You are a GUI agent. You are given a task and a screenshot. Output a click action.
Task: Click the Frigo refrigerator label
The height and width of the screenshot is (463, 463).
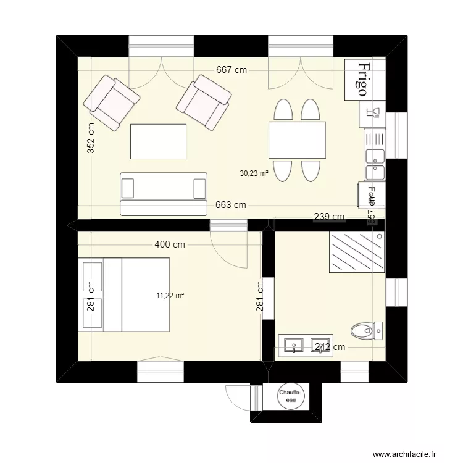coord(363,79)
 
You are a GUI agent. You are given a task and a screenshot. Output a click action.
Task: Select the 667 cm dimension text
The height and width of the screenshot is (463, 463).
coord(231,70)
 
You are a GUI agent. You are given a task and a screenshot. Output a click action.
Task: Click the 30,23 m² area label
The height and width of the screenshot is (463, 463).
coord(254,174)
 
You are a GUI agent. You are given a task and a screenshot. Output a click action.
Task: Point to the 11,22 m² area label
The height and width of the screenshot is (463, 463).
coord(170,296)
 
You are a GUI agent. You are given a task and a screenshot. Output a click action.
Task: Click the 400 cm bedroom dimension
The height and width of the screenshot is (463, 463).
coord(170,244)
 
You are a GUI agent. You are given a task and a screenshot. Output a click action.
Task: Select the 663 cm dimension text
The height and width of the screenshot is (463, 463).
coord(231,205)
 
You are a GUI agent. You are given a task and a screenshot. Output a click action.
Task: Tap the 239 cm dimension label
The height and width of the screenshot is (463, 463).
coord(329,217)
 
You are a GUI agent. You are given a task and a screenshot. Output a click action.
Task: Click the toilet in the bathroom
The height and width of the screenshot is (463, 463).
coord(367,332)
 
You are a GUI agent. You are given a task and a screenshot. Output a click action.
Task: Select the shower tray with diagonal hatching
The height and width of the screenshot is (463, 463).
coord(356,252)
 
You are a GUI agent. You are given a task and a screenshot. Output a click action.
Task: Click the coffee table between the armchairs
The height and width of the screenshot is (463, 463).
coord(158,141)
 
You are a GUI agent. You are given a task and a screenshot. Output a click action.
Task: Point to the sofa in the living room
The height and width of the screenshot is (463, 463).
coord(164,193)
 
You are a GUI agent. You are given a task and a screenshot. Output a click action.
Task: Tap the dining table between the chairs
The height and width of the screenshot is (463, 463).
coord(297,140)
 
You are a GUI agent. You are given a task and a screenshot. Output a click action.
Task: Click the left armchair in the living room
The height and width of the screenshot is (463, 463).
coord(112,102)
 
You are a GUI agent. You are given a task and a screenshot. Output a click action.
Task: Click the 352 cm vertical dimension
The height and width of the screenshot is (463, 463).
coord(91,138)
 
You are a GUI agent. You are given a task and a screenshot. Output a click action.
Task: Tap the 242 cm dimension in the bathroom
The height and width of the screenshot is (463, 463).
coord(330,348)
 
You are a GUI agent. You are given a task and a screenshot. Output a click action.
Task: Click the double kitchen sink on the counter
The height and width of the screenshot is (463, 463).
coord(374,162)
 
